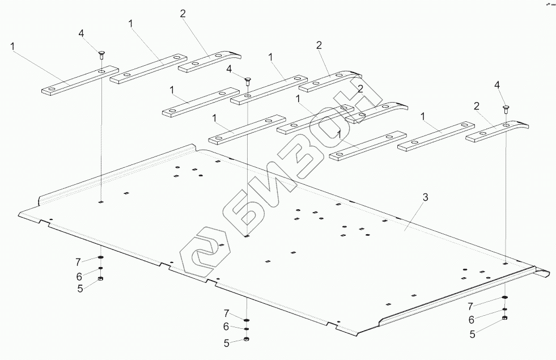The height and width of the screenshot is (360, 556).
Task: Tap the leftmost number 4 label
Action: (x=81, y=34)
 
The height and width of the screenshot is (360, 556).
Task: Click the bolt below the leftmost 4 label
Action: (x=100, y=54)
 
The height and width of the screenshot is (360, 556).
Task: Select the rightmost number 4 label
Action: (x=497, y=84)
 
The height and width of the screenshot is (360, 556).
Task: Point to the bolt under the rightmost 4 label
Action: (x=505, y=108)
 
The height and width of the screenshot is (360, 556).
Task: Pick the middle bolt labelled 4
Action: (x=247, y=81)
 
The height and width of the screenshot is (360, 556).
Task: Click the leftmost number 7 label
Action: (x=79, y=261)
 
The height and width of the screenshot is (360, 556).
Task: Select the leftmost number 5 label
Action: (x=80, y=288)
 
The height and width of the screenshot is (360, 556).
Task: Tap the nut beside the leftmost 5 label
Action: (x=100, y=279)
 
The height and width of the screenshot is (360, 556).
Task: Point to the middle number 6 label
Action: (x=226, y=327)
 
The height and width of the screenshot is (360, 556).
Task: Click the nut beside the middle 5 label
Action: (x=247, y=339)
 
